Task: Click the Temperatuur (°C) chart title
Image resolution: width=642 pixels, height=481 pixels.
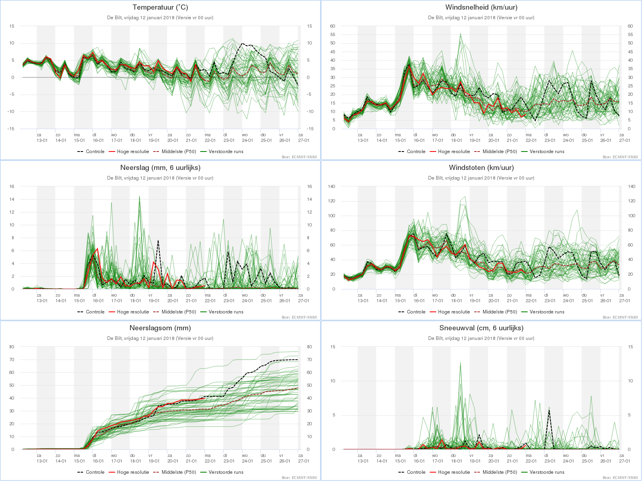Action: pyautogui.click(x=160, y=7)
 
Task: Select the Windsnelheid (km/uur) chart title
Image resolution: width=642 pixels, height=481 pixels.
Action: pyautogui.click(x=481, y=7)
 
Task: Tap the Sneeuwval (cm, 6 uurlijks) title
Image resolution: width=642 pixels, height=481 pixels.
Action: pyautogui.click(x=481, y=328)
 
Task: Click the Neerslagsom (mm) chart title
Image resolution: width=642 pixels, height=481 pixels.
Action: pyautogui.click(x=160, y=328)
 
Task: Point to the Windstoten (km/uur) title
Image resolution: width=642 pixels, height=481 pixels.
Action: pyautogui.click(x=481, y=168)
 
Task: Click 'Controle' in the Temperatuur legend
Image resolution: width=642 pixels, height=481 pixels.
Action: pyautogui.click(x=95, y=152)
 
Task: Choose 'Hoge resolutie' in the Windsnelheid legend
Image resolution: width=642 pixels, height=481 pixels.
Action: pyautogui.click(x=454, y=152)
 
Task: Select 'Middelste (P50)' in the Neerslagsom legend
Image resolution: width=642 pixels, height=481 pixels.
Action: pyautogui.click(x=179, y=472)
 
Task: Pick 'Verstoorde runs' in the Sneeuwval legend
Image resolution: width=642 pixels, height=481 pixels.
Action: pyautogui.click(x=547, y=472)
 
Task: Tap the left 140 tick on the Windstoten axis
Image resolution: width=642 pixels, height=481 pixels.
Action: pyautogui.click(x=331, y=186)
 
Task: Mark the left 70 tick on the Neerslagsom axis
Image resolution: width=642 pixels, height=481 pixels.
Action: pyautogui.click(x=12, y=360)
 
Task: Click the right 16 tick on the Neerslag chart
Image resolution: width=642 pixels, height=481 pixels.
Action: pyautogui.click(x=309, y=186)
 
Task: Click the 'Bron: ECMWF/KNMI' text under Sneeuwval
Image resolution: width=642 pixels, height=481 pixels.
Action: pyautogui.click(x=620, y=478)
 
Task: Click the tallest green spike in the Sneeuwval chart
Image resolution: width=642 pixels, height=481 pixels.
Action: pyautogui.click(x=460, y=363)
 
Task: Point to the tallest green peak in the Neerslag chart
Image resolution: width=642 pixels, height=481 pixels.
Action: pyautogui.click(x=139, y=196)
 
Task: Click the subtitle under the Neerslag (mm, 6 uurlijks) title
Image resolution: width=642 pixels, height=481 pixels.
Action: pyautogui.click(x=160, y=178)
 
